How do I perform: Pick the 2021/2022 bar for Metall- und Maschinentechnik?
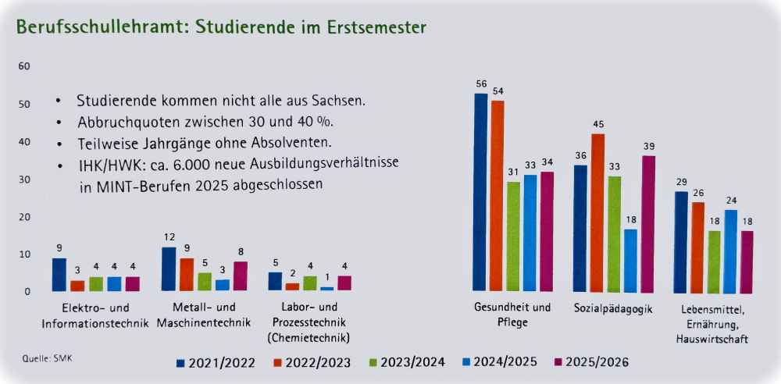click(x=169, y=268)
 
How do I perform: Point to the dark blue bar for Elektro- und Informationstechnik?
click(x=59, y=274)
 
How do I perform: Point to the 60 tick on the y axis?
click(x=23, y=66)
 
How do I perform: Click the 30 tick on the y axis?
click(x=23, y=180)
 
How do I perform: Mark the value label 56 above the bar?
click(x=481, y=84)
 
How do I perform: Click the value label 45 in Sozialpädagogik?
click(x=597, y=124)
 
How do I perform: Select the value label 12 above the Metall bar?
click(x=168, y=236)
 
